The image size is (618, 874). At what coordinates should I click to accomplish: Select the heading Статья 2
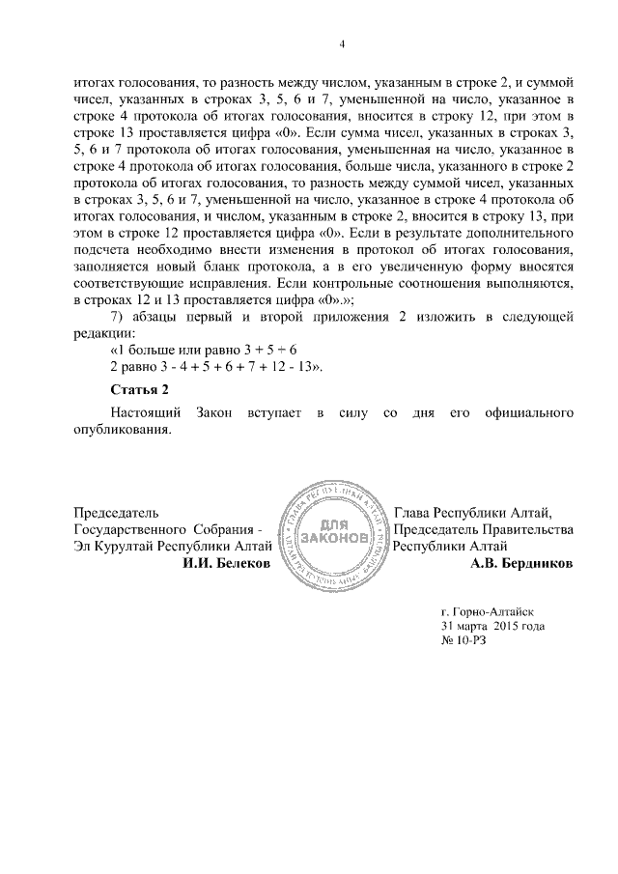point(140,388)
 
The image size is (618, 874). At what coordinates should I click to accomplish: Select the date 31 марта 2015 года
point(492,626)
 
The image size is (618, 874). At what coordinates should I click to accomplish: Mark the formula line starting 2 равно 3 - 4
point(214,367)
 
